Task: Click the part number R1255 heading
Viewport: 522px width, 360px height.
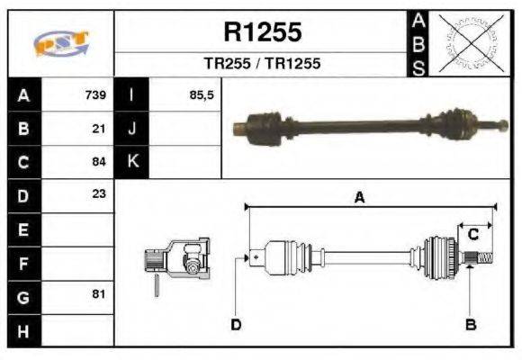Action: (262, 33)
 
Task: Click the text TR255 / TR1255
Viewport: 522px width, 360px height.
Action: (262, 65)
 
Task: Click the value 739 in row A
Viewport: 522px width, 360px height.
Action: (95, 95)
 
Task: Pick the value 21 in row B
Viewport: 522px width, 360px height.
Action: (100, 129)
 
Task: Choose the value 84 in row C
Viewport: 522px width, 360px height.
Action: (100, 162)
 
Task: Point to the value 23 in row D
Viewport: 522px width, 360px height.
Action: (99, 194)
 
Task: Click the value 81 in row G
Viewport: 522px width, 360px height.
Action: (99, 294)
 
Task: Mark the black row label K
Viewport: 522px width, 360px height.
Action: (132, 162)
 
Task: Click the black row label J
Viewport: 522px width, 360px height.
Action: (132, 129)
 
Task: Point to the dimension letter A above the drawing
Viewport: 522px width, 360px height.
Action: (359, 199)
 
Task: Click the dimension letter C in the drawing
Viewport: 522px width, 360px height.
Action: (472, 234)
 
